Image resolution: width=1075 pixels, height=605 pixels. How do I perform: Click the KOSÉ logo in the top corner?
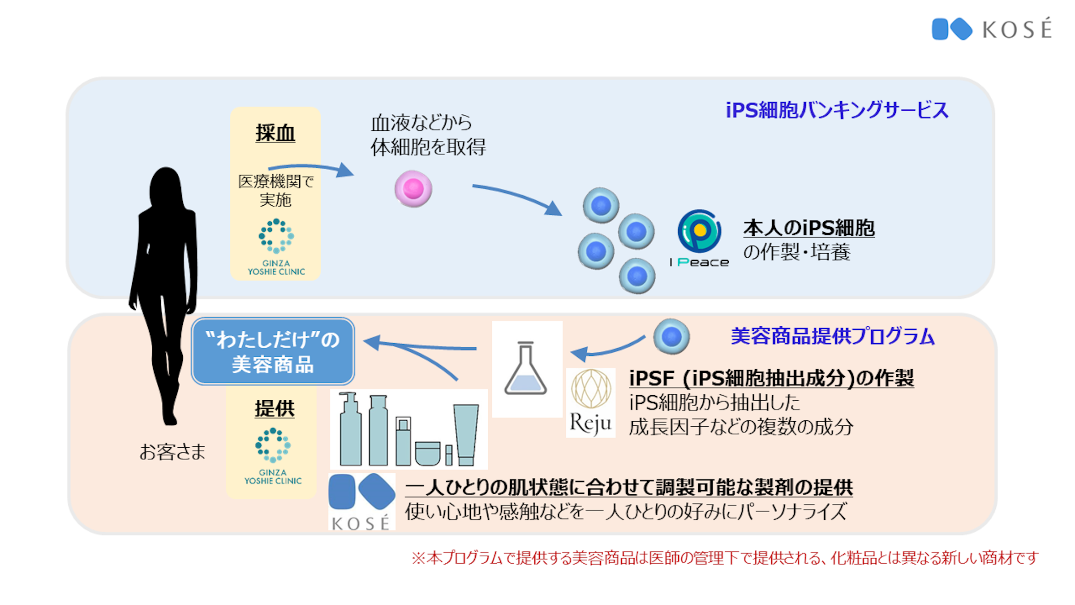992,29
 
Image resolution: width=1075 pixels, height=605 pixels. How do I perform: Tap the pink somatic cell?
413,189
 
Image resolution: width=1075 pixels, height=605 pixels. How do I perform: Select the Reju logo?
590,402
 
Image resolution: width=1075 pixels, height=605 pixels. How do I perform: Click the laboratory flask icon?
526,369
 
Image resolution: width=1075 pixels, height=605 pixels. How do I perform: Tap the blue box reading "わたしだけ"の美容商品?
273,352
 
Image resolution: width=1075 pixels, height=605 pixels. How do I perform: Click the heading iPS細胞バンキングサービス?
837,110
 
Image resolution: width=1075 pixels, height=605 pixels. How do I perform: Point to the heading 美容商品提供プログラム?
832,336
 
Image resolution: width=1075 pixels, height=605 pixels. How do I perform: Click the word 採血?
275,133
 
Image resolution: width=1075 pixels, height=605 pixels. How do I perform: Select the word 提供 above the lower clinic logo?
275,409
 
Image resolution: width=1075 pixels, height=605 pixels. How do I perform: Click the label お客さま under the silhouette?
172,452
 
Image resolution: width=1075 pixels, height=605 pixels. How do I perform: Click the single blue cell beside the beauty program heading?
671,337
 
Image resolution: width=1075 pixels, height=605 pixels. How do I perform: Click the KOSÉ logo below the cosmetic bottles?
361,501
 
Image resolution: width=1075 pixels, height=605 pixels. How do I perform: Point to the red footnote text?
725,558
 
